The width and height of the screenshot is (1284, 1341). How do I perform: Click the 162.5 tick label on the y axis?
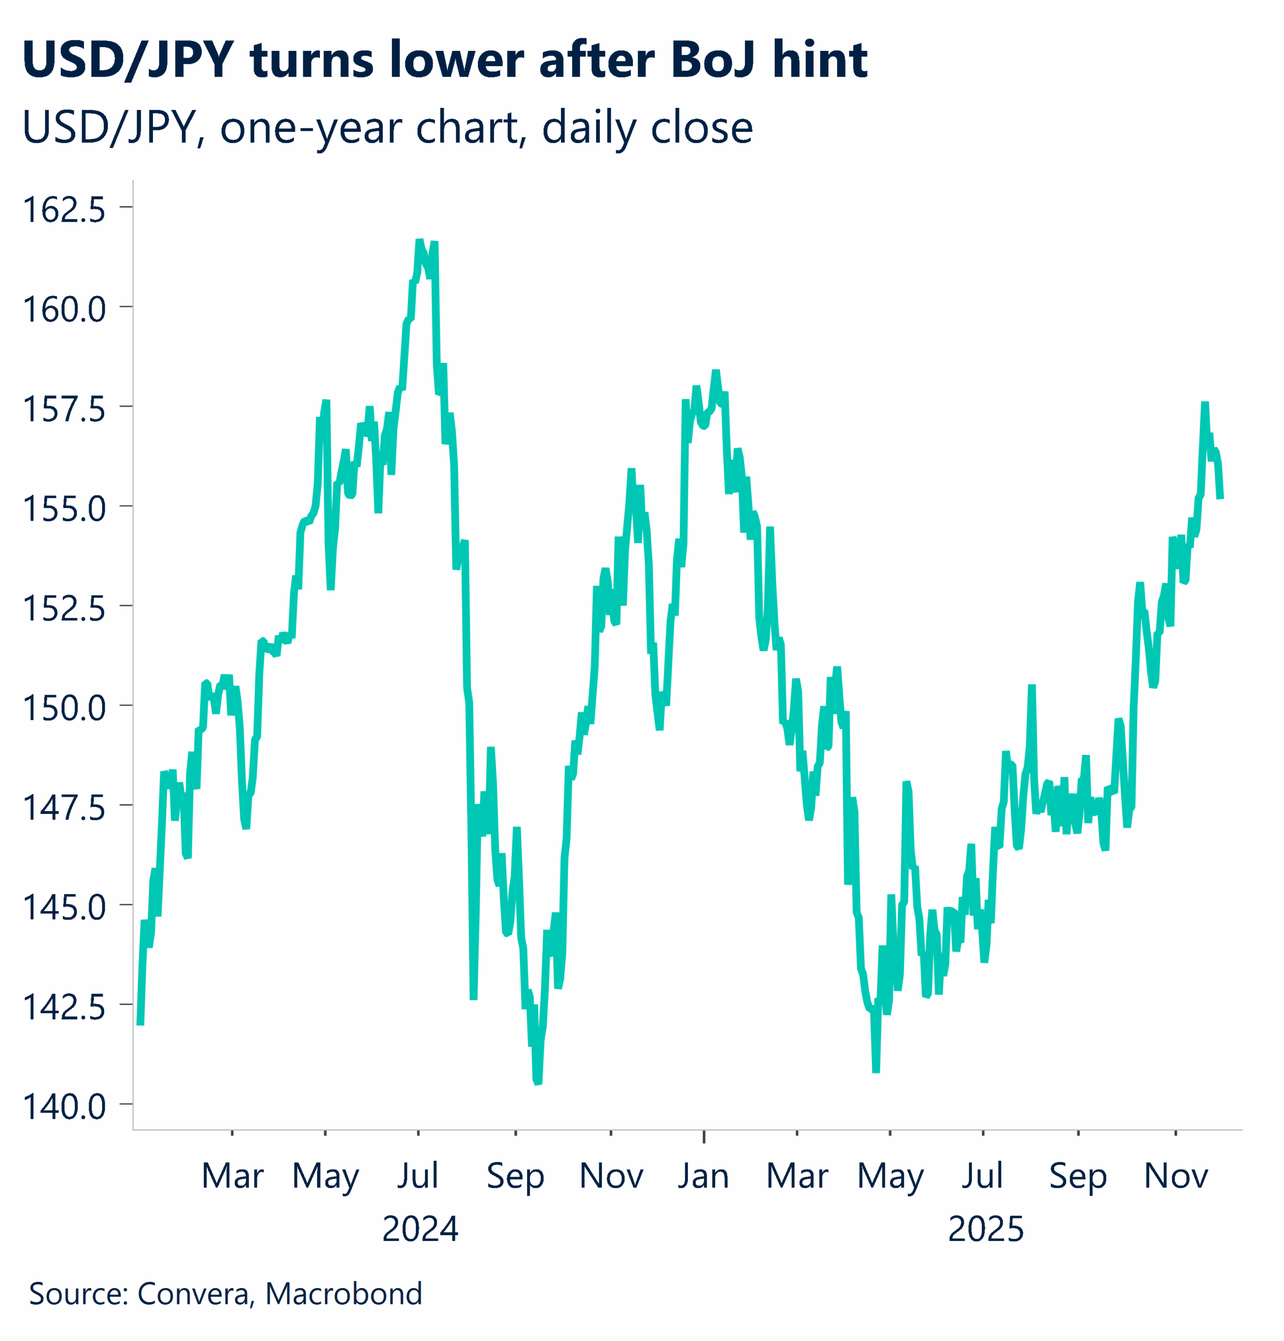(64, 210)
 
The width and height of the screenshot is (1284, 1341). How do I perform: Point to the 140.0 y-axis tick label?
(64, 1106)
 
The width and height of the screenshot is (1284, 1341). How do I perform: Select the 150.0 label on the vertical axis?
(64, 708)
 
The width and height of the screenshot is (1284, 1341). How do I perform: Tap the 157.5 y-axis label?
(64, 409)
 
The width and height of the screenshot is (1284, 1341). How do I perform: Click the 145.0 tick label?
(64, 907)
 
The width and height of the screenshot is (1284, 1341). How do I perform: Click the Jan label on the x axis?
(703, 1176)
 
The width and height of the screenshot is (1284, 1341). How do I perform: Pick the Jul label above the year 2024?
(418, 1176)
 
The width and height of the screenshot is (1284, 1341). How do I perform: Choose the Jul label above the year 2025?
(982, 1176)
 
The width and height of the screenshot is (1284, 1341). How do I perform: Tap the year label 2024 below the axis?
(420, 1229)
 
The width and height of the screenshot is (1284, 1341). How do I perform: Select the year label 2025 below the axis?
(986, 1229)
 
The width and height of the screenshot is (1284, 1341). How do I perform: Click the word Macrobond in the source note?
(344, 1294)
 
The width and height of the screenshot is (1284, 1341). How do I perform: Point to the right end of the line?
(1220, 498)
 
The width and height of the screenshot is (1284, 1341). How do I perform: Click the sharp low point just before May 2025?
(875, 1071)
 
